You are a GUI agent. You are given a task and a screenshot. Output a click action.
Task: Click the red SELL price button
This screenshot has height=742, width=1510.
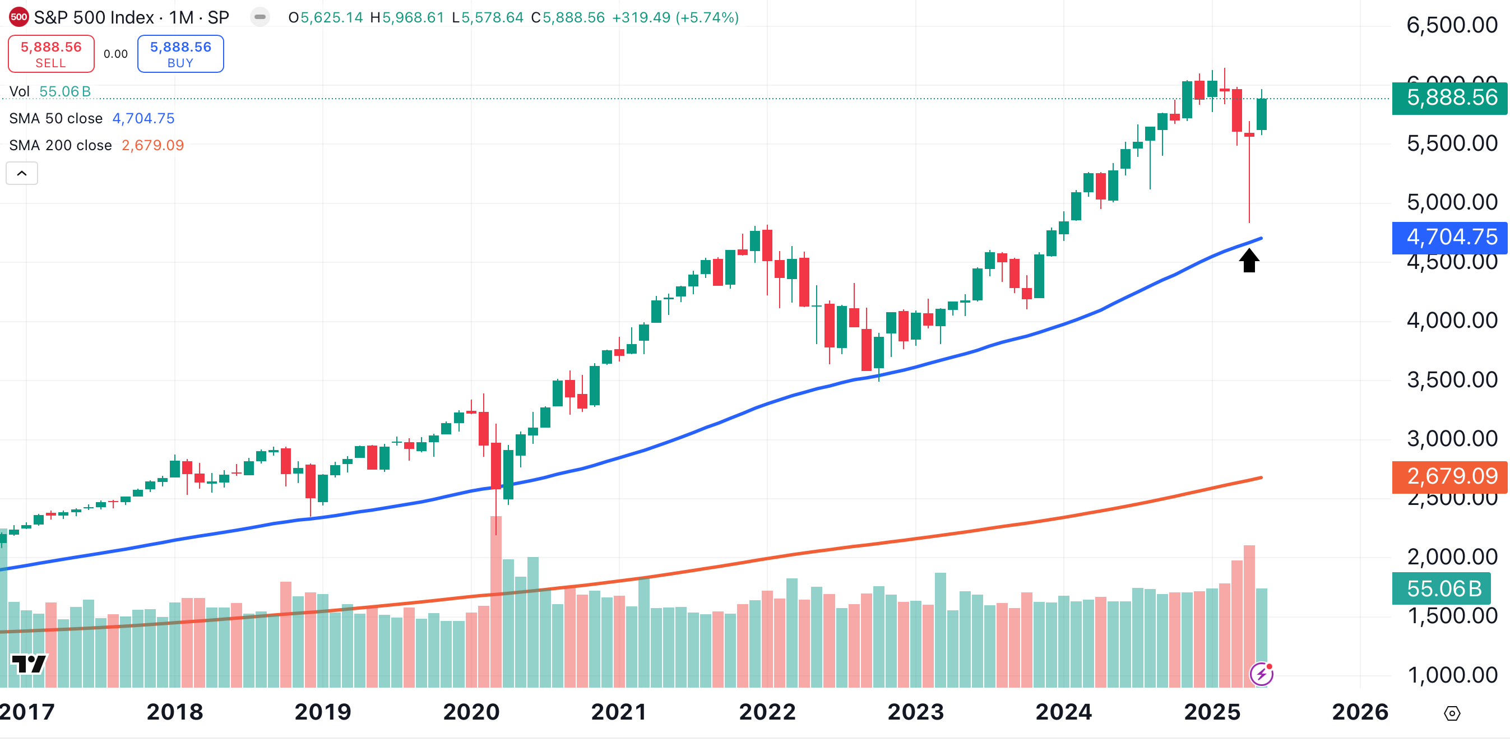coord(51,54)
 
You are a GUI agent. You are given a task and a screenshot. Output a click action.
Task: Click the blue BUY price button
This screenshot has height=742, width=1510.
coord(180,54)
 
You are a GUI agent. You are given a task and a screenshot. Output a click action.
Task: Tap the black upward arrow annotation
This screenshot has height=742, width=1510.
coord(1249,260)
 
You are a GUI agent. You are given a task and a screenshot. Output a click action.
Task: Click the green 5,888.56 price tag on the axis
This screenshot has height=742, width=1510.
coord(1449,98)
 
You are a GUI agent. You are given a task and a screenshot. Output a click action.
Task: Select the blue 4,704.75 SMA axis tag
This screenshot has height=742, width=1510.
coord(1449,238)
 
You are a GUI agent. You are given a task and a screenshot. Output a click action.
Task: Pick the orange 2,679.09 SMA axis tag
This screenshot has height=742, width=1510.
coord(1449,476)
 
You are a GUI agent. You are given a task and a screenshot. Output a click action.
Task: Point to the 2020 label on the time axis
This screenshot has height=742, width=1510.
coord(471,712)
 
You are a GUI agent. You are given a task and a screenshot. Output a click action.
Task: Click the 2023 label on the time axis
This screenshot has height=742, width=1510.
coord(916,712)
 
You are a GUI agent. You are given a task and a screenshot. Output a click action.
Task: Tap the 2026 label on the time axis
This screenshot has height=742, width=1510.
coord(1360,712)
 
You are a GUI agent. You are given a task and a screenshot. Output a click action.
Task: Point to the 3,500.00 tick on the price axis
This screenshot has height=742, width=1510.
coord(1451,380)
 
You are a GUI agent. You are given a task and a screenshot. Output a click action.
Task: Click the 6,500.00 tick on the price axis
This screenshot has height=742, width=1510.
coord(1451,25)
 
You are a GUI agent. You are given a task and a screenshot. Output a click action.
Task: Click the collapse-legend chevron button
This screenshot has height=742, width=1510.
coord(22,174)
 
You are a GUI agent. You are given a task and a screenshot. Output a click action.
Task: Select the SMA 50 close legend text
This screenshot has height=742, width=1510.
coord(55,118)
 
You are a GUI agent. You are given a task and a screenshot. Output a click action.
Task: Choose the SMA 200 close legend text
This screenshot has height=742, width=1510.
coord(61,145)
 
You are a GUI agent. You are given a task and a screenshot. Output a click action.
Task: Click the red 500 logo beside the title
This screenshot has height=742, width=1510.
coord(18,17)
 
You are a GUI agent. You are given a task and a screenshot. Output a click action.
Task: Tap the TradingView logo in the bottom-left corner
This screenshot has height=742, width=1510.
coord(28,664)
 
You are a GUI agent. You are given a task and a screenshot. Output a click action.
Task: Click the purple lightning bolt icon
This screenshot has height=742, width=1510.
coord(1261,674)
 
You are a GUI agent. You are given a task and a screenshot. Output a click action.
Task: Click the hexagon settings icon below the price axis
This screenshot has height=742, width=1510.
coord(1452,713)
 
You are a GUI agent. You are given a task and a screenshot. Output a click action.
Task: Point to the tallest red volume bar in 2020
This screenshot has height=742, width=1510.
coord(496,601)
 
